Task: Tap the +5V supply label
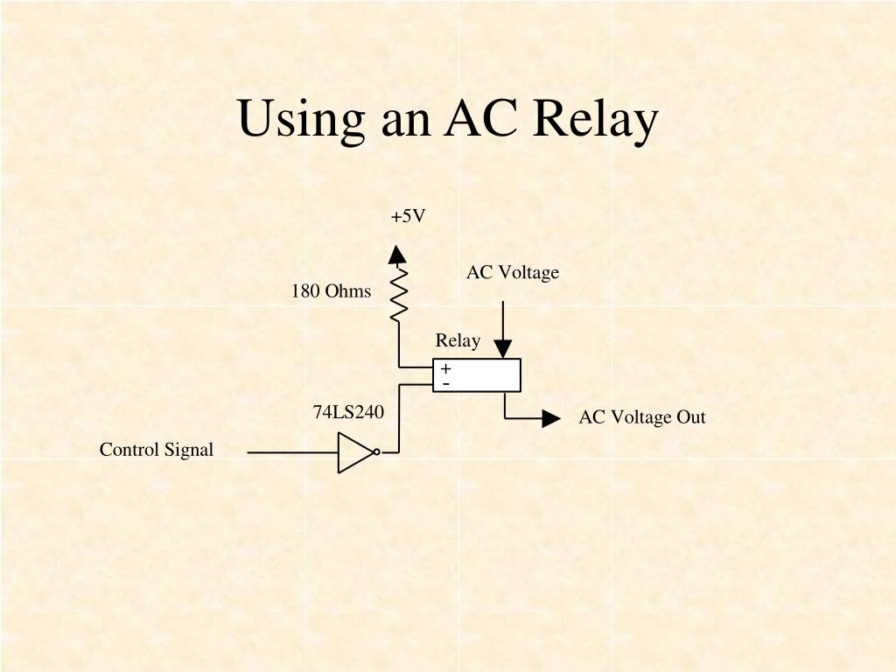[x=409, y=216]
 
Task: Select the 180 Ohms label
[x=331, y=291]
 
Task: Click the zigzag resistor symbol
[x=398, y=293]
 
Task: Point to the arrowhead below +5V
[x=398, y=255]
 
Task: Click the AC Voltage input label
[x=512, y=273]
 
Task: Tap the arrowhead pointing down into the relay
[x=503, y=348]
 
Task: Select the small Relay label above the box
[x=458, y=340]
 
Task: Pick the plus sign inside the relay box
[x=445, y=369]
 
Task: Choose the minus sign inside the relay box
[x=445, y=383]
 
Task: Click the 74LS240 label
[x=348, y=411]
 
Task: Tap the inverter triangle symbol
[x=354, y=453]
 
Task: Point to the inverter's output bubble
[x=376, y=452]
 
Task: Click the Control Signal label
[x=157, y=450]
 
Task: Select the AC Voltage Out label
[x=641, y=417]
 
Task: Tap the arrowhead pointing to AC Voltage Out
[x=551, y=418]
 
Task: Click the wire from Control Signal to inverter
[x=293, y=453]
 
